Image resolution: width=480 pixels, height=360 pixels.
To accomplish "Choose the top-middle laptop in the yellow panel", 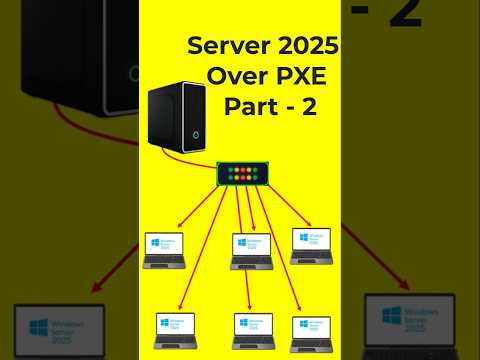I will pyautogui.click(x=249, y=250).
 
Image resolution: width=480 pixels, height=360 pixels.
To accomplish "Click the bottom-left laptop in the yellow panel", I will pyautogui.click(x=175, y=331).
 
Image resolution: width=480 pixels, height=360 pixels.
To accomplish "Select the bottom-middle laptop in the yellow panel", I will pyautogui.click(x=252, y=331).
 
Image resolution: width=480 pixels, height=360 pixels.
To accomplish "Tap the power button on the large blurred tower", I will pyautogui.click(x=134, y=72).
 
